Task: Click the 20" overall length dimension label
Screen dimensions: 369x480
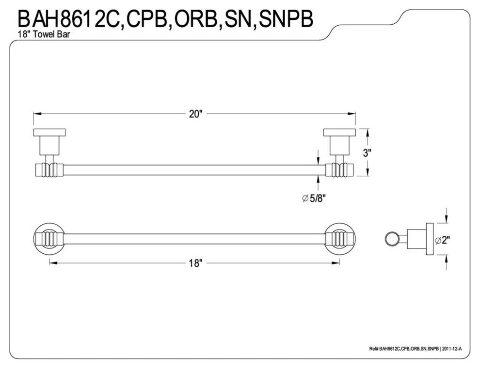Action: click(x=194, y=114)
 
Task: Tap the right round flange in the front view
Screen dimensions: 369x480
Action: click(x=340, y=239)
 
